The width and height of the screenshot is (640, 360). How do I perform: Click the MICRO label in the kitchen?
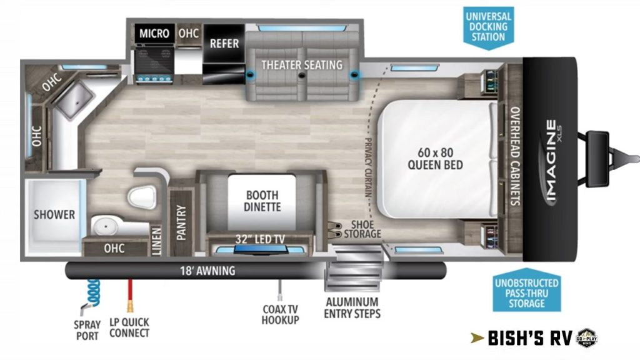(154, 33)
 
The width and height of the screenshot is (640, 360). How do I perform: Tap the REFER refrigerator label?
(224, 43)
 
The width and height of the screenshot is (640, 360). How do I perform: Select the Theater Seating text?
(302, 65)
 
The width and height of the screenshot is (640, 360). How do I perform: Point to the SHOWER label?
(54, 214)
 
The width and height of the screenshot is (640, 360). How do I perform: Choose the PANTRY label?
(181, 222)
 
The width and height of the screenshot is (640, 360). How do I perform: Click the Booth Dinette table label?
(262, 201)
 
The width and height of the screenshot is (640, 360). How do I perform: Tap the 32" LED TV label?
(260, 239)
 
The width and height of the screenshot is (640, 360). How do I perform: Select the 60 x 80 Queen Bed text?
(436, 159)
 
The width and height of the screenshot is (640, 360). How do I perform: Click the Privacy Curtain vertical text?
(367, 167)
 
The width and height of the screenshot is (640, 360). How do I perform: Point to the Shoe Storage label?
(362, 229)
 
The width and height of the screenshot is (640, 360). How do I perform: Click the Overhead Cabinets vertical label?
(515, 156)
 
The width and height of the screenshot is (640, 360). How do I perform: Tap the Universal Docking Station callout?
(488, 27)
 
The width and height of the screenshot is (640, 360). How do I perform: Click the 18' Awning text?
(207, 271)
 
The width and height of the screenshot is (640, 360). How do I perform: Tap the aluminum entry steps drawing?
(354, 268)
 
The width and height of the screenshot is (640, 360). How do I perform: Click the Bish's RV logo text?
(530, 338)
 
